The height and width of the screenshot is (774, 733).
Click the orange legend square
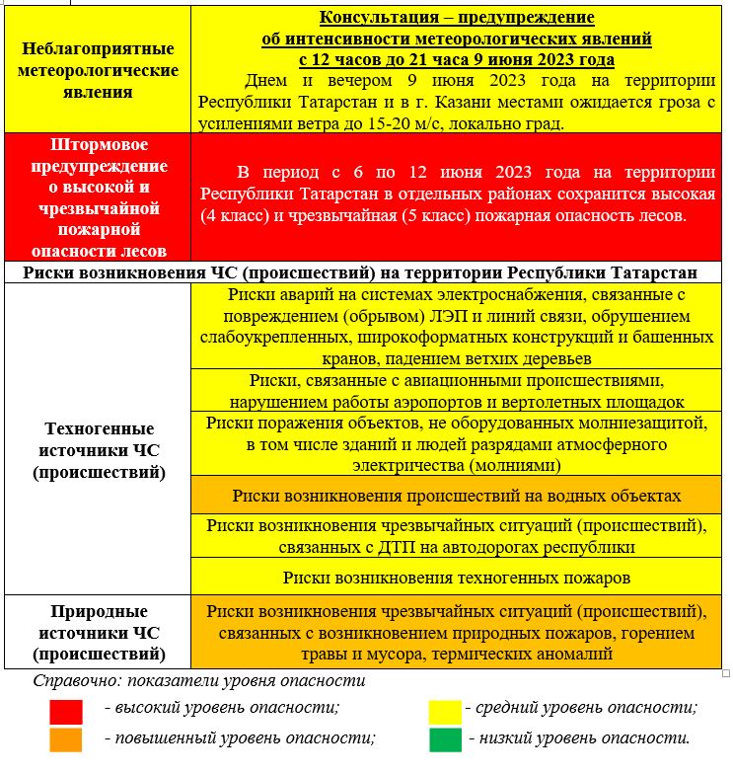[x=66, y=738]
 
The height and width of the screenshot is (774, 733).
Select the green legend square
[x=445, y=738]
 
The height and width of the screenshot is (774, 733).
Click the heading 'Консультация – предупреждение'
[x=457, y=18]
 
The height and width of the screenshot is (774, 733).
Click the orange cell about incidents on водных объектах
[x=457, y=495]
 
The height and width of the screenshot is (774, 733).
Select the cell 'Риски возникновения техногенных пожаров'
[x=457, y=577]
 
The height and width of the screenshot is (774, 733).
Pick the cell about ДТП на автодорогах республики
[x=457, y=535]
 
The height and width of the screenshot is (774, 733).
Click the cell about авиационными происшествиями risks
[x=457, y=391]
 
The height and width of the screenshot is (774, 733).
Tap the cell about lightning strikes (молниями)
[x=457, y=443]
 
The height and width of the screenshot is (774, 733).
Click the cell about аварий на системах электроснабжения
[x=457, y=326]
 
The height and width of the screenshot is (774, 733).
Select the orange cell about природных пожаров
[x=457, y=632]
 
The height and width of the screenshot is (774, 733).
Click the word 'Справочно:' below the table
[x=71, y=681]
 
